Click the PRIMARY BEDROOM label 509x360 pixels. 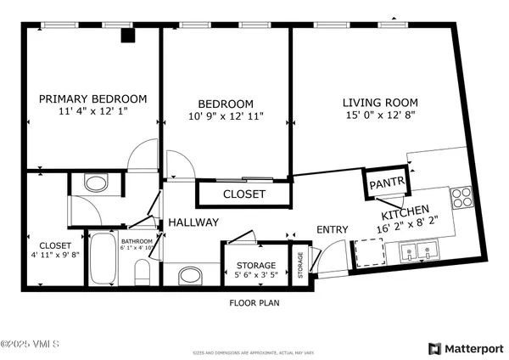[x=93, y=98]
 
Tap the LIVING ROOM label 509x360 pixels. [x=380, y=102]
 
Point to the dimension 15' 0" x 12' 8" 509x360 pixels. [x=381, y=115]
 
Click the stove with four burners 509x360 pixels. [x=462, y=198]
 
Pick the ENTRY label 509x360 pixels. [x=333, y=229]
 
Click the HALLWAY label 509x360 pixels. [x=193, y=222]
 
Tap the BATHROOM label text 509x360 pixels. [x=137, y=241]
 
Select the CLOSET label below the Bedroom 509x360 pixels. [x=244, y=194]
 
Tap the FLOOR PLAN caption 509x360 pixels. [x=255, y=302]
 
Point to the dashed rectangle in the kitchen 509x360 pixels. [x=369, y=252]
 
